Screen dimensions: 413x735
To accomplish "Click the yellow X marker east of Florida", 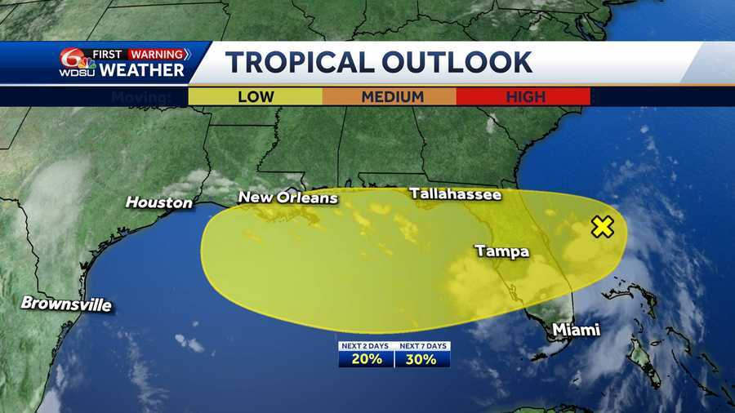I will pyautogui.click(x=602, y=227).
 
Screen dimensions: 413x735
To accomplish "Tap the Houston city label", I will pyautogui.click(x=159, y=202).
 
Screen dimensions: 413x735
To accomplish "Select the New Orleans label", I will pyautogui.click(x=287, y=198).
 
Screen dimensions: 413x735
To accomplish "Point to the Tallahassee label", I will pyautogui.click(x=455, y=193).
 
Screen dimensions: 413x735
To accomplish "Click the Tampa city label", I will pyautogui.click(x=501, y=251).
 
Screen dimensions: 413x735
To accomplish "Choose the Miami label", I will pyautogui.click(x=575, y=330).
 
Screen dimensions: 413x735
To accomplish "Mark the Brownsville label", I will pyautogui.click(x=66, y=304).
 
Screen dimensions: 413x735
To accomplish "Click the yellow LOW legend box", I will pyautogui.click(x=255, y=96).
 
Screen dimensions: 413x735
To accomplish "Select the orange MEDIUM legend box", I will pyautogui.click(x=390, y=96).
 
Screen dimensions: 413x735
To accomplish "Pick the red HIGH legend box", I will pyautogui.click(x=523, y=96).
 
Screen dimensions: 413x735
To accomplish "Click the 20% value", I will pyautogui.click(x=367, y=359).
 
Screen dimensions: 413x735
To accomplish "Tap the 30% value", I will pyautogui.click(x=422, y=359).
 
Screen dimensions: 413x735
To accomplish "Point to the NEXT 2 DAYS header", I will pyautogui.click(x=367, y=346).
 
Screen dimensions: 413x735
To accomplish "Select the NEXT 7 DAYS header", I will pyautogui.click(x=422, y=346).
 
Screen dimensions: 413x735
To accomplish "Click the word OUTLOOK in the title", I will pyautogui.click(x=464, y=62).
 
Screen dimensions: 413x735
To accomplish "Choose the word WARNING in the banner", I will pyautogui.click(x=158, y=54).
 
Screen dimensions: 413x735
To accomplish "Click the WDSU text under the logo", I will pyautogui.click(x=77, y=72).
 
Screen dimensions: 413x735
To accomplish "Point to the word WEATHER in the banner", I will pyautogui.click(x=143, y=70).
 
